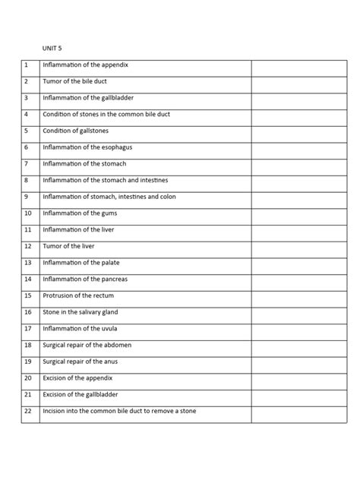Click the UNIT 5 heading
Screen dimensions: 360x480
[x=52, y=47]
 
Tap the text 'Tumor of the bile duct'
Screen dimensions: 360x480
[x=80, y=81]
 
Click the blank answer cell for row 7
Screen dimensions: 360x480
[x=298, y=164]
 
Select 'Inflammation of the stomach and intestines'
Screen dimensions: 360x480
[x=106, y=180]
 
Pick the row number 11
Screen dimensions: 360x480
[x=27, y=229]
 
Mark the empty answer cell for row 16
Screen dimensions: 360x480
[x=298, y=312]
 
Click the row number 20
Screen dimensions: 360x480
[x=27, y=377]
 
